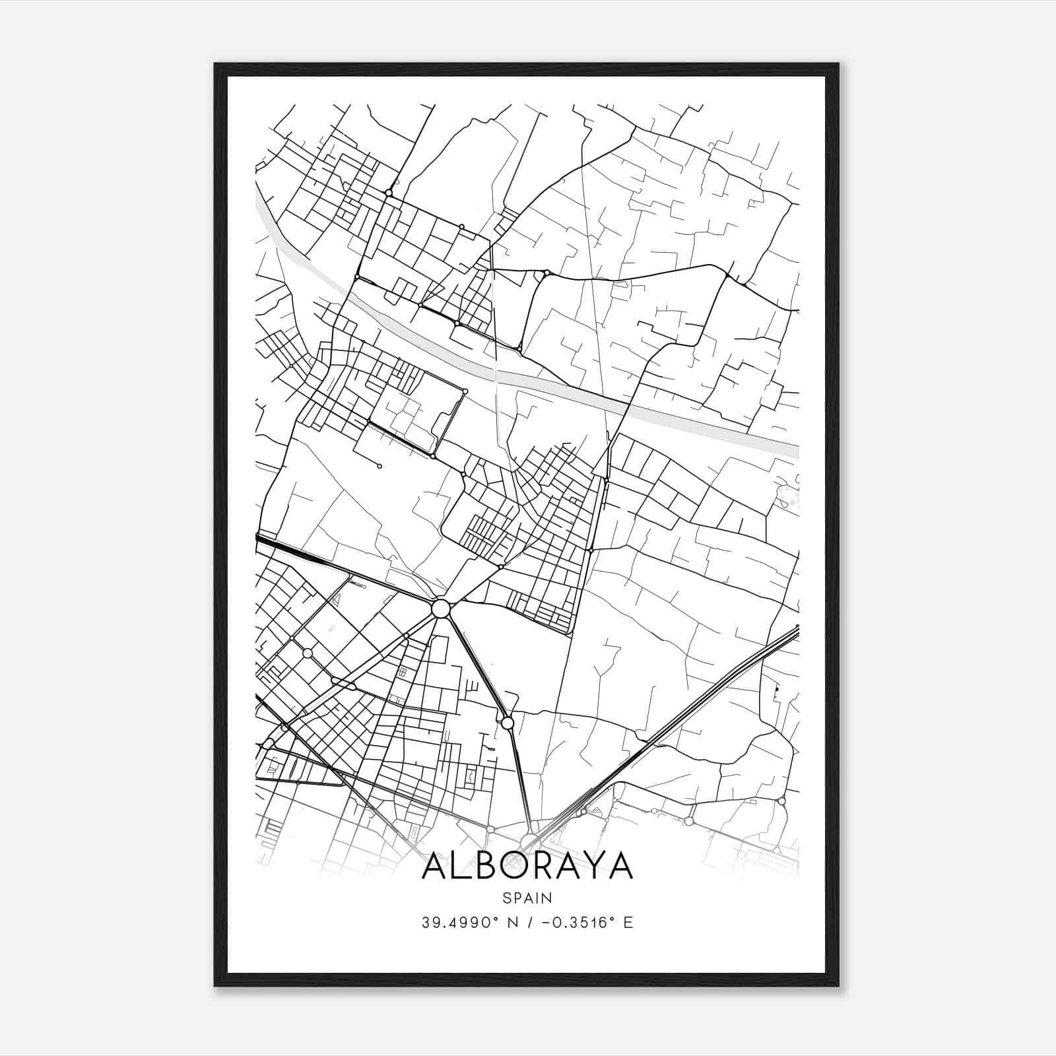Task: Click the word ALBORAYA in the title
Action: (527, 866)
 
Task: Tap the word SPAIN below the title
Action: (527, 898)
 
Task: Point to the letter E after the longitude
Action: (628, 923)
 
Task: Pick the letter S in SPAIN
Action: (506, 898)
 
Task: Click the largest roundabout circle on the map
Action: (441, 609)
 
